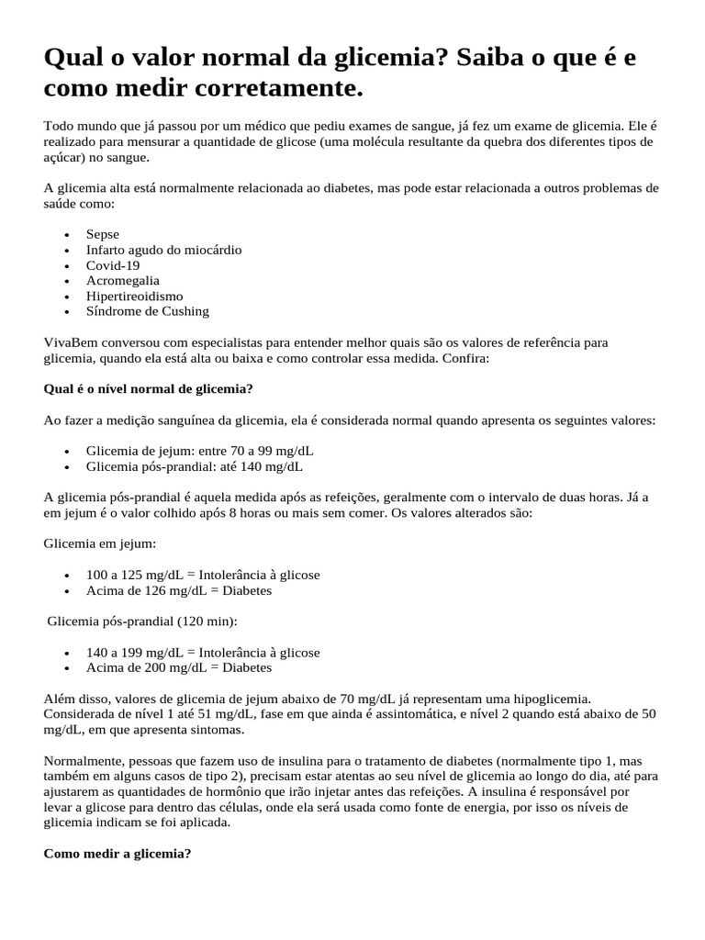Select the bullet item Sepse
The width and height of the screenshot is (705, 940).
point(103,234)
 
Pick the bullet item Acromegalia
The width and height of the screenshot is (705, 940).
point(123,280)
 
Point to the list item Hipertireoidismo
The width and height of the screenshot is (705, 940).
point(135,296)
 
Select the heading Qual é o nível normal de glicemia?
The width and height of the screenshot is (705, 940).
point(149,389)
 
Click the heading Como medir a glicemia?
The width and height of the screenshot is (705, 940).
point(117,854)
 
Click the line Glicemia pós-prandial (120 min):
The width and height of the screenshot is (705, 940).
point(141,621)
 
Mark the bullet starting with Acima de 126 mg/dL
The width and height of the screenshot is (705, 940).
point(179,590)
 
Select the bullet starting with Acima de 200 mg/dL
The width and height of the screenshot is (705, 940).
point(179,667)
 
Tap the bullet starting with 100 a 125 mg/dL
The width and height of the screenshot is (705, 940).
point(203,575)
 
